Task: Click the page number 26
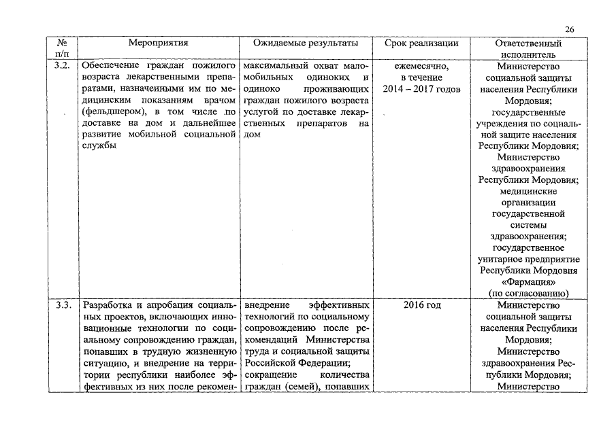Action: pyautogui.click(x=570, y=29)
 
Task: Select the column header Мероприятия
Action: pyautogui.click(x=158, y=43)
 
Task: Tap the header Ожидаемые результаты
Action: pyautogui.click(x=306, y=43)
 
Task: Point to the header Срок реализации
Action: pyautogui.click(x=421, y=43)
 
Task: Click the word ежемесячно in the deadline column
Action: pyautogui.click(x=421, y=66)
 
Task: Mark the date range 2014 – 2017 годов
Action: pyautogui.click(x=421, y=89)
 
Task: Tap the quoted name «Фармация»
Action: pyautogui.click(x=528, y=281)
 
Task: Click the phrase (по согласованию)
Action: pyautogui.click(x=528, y=293)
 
